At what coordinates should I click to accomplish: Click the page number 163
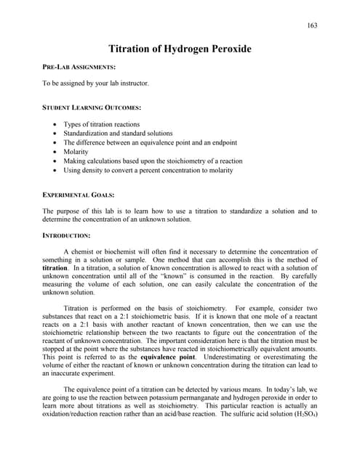pos(312,25)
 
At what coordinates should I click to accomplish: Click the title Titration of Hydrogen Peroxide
pos(180,49)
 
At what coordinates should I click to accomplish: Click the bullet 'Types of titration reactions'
pos(101,124)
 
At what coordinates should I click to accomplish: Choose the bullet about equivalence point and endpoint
pos(145,143)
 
